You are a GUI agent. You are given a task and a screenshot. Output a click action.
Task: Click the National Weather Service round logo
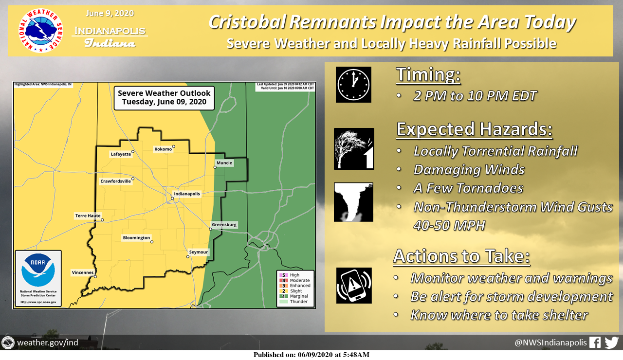point(40,31)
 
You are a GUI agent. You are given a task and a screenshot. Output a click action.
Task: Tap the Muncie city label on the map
point(224,162)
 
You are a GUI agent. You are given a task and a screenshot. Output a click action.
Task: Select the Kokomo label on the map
point(163,149)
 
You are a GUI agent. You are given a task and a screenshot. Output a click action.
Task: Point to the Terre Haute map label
point(88,216)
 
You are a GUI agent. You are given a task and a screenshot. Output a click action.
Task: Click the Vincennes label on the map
point(83,272)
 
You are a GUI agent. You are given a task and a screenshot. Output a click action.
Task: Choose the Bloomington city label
point(136,237)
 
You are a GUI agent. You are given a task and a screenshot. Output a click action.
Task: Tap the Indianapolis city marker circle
point(172,198)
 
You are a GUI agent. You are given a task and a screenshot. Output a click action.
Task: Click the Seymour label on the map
point(198,252)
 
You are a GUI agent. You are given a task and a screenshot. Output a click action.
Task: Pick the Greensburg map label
point(224,224)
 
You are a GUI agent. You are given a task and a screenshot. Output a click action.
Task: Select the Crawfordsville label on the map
point(115,181)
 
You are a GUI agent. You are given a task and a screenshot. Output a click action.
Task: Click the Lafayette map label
point(121,154)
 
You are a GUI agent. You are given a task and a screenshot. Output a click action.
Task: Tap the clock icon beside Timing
point(353,85)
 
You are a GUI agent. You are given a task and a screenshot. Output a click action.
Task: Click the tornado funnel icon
point(353,202)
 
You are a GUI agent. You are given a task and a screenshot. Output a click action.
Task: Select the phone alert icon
point(354,286)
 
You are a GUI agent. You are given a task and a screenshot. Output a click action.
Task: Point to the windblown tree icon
point(354,149)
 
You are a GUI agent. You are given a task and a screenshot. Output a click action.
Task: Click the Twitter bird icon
point(612,342)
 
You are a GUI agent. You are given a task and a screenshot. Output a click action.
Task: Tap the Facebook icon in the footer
point(595,342)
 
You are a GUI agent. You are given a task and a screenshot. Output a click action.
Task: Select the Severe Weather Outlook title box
point(164,98)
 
